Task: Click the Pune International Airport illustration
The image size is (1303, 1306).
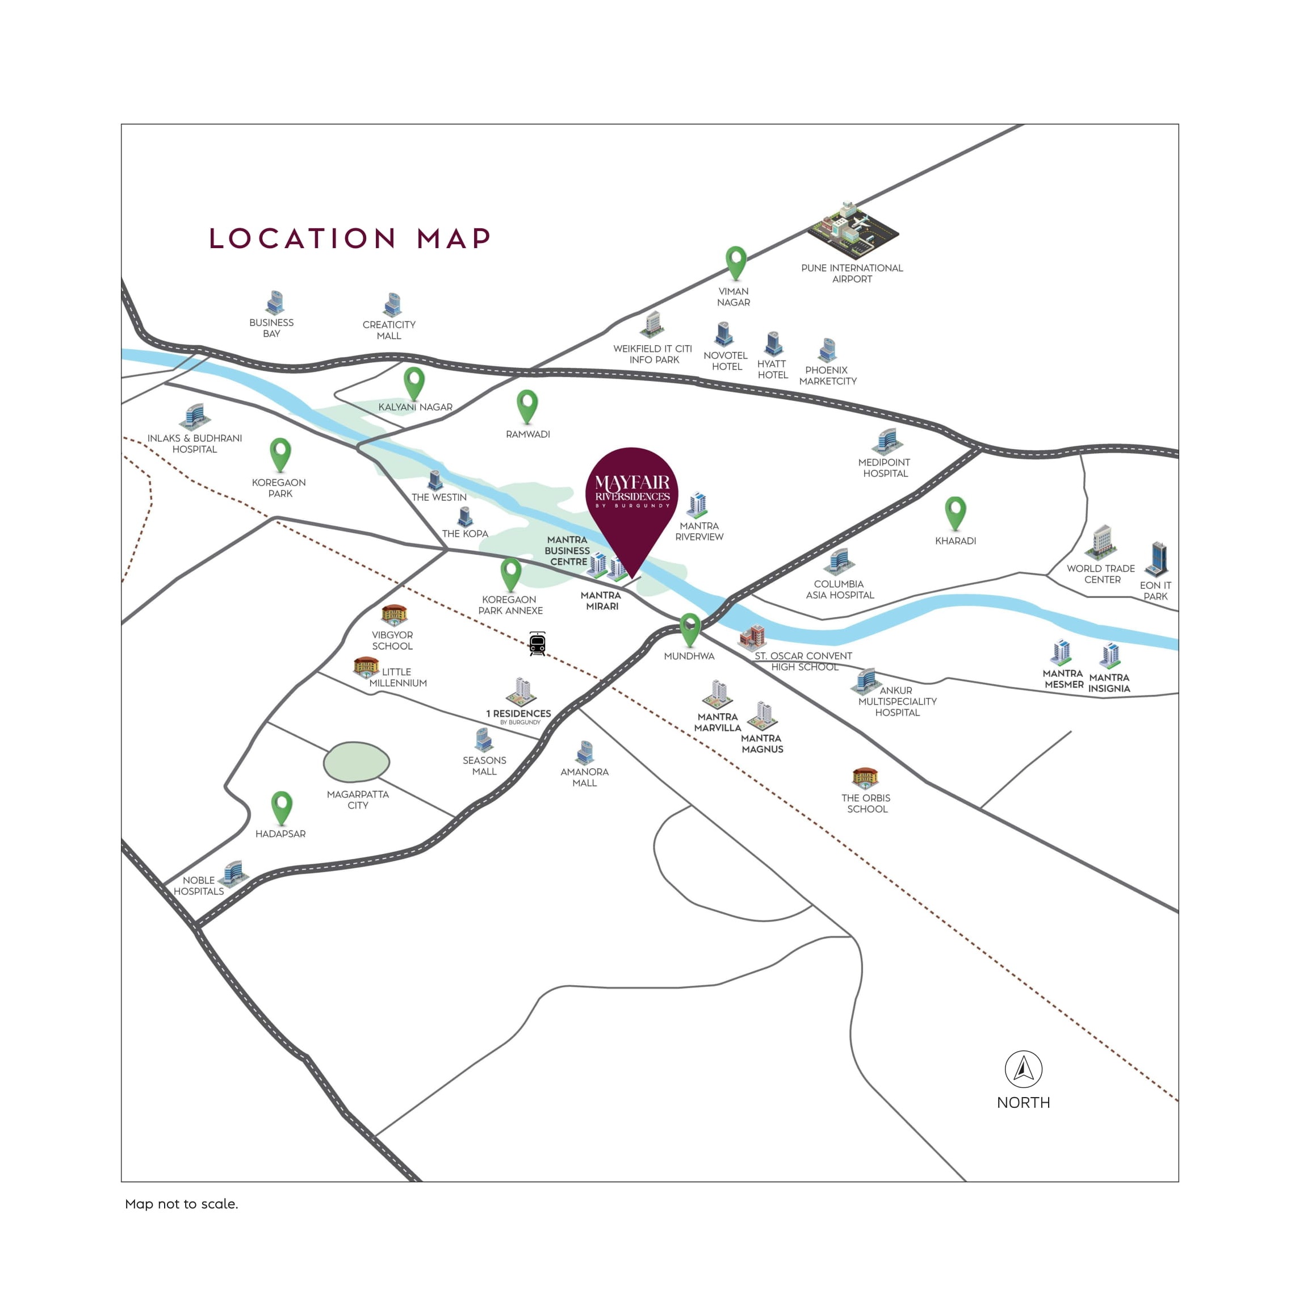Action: click(852, 230)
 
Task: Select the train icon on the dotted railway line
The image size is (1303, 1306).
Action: click(537, 643)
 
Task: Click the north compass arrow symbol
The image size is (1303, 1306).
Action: click(1023, 1069)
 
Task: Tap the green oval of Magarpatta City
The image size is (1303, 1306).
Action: click(356, 762)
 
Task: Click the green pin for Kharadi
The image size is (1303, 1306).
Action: click(955, 512)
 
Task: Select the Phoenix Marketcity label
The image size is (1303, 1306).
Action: click(827, 376)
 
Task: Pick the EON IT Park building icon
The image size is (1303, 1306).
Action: click(1158, 558)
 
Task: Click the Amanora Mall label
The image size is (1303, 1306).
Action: click(585, 777)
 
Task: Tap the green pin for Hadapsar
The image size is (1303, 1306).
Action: click(281, 806)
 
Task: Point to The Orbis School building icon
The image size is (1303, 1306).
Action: click(865, 778)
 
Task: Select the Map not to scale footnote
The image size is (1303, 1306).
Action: click(181, 1204)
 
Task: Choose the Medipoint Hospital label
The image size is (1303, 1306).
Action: click(884, 468)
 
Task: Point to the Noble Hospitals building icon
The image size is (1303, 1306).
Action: click(234, 872)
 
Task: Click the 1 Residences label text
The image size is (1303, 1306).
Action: click(518, 714)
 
